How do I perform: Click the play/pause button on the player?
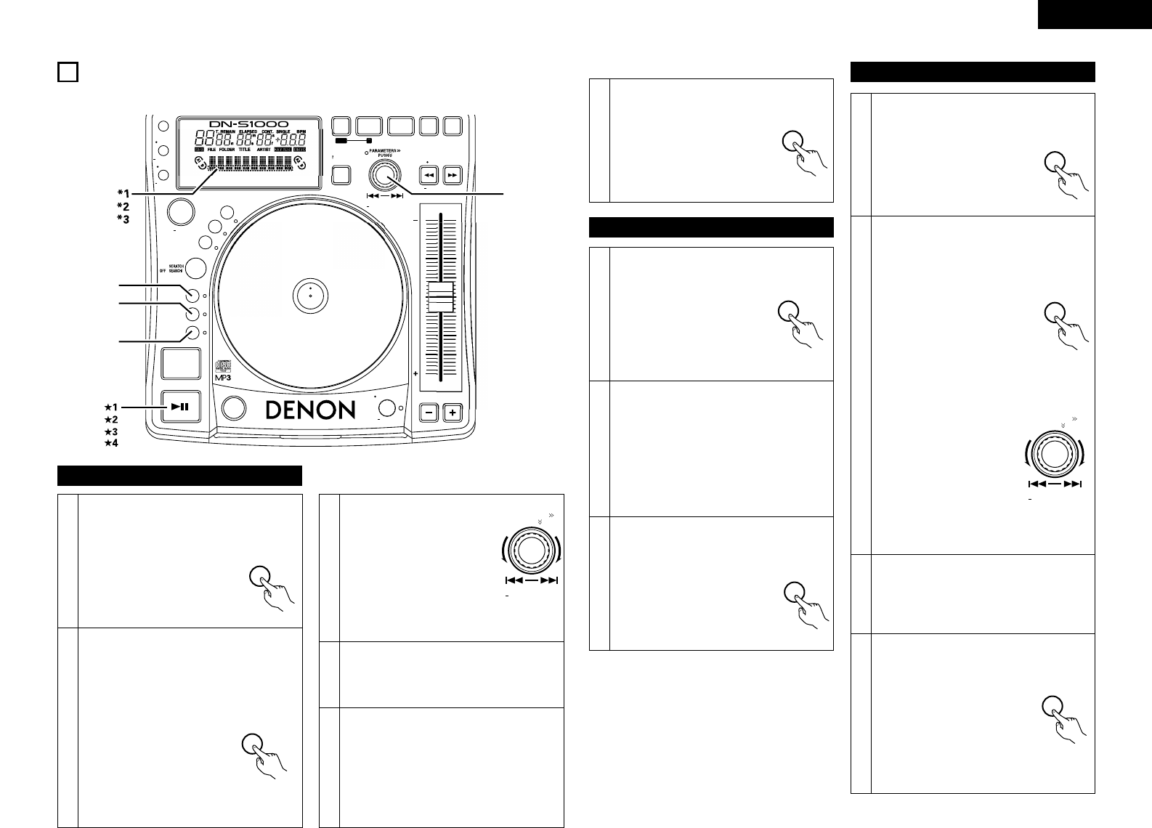(x=180, y=407)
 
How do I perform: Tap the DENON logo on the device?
(x=310, y=410)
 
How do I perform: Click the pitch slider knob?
(x=439, y=298)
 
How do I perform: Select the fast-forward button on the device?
(x=453, y=175)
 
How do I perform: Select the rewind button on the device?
(x=429, y=175)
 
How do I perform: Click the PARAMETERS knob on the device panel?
(x=384, y=174)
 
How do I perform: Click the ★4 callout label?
(x=110, y=443)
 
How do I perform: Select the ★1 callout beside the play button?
(x=110, y=407)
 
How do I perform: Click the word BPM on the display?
(x=299, y=134)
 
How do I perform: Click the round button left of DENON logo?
(x=233, y=408)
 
